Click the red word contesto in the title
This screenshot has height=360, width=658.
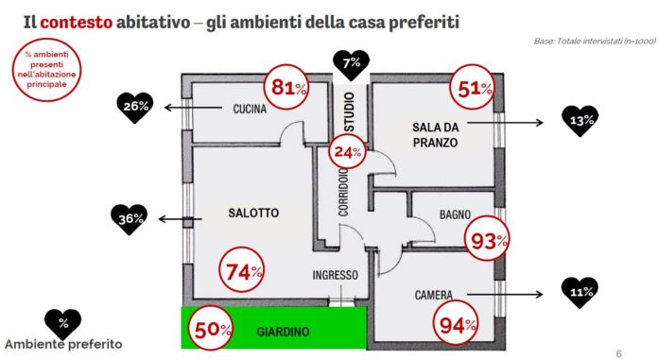pyautogui.click(x=77, y=22)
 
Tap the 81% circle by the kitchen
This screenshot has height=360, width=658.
pyautogui.click(x=286, y=87)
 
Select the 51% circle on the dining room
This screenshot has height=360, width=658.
pyautogui.click(x=472, y=87)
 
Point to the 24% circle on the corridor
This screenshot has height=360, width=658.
pyautogui.click(x=347, y=151)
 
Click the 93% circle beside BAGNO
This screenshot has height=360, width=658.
pyautogui.click(x=487, y=239)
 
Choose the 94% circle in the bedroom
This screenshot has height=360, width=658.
pyautogui.click(x=456, y=323)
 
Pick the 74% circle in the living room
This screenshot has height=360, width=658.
pyautogui.click(x=242, y=270)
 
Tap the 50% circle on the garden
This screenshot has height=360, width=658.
pyautogui.click(x=210, y=328)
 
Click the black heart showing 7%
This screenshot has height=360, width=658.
pyautogui.click(x=352, y=65)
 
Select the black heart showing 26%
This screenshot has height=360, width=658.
pyautogui.click(x=135, y=108)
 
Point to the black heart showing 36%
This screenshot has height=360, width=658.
pyautogui.click(x=130, y=219)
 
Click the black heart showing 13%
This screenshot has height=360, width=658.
pyautogui.click(x=580, y=121)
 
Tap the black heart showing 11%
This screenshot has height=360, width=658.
pyautogui.click(x=580, y=293)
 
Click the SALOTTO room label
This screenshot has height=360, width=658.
pyautogui.click(x=253, y=213)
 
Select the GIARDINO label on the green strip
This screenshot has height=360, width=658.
pyautogui.click(x=283, y=332)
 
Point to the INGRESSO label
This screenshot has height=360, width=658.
pyautogui.click(x=336, y=275)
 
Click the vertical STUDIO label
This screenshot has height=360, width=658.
pyautogui.click(x=350, y=111)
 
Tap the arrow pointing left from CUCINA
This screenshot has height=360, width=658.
pyautogui.click(x=193, y=108)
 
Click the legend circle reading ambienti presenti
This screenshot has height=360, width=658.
pyautogui.click(x=46, y=70)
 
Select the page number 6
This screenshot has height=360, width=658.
pyautogui.click(x=619, y=353)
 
